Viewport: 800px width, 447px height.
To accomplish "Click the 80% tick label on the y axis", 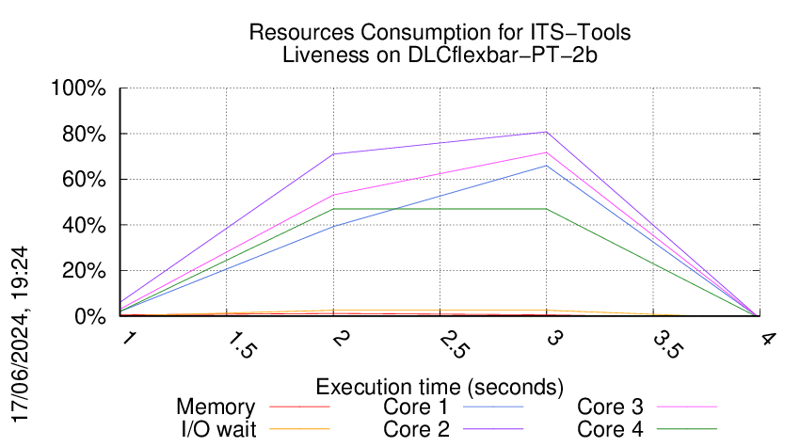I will [x=84, y=135].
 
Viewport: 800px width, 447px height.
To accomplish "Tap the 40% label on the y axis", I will [x=84, y=226].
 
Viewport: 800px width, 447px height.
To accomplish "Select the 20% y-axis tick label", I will [x=84, y=271].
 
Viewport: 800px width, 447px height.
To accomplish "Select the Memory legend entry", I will [x=216, y=407].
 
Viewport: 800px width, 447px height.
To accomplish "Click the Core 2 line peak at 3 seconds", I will [x=547, y=133].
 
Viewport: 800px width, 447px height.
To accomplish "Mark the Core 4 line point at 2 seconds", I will [x=333, y=209].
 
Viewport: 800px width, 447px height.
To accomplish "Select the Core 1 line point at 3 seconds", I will [x=547, y=166].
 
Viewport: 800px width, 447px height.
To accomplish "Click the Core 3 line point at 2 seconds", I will [x=333, y=195].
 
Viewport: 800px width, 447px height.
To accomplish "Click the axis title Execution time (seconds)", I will [x=440, y=387].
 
